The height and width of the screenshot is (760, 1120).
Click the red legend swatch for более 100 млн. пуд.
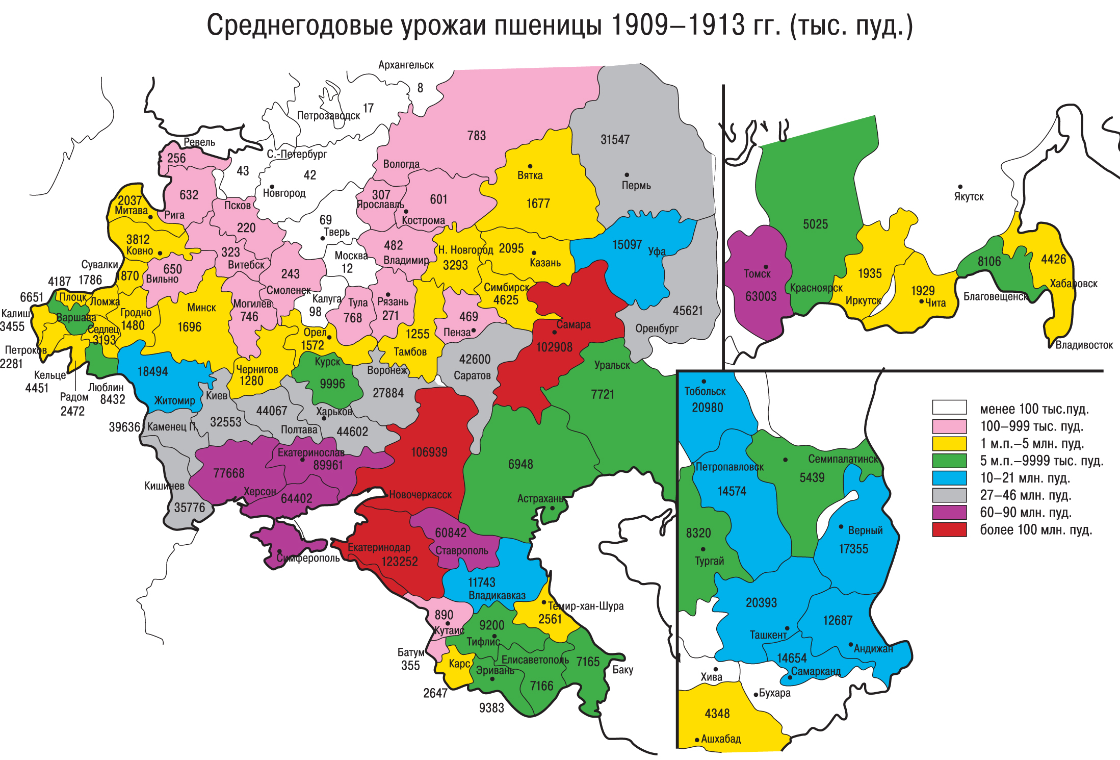949,529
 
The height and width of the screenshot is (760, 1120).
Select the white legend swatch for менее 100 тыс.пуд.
949,407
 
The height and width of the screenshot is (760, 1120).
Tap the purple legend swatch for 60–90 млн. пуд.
949,512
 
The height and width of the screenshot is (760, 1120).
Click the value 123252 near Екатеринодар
400,562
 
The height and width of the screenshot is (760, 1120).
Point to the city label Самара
574,324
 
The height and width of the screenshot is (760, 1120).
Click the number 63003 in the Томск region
761,296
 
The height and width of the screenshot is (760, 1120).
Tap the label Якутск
969,197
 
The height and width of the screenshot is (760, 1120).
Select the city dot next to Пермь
627,175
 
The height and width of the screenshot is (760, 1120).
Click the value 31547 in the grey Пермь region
615,139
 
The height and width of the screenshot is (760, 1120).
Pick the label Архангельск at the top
406,65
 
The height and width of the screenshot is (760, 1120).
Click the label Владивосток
1084,345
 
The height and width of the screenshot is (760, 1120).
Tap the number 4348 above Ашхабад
717,714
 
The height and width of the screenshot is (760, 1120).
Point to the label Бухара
774,693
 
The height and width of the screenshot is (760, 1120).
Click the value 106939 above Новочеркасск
429,452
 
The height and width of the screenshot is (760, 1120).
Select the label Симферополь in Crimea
308,558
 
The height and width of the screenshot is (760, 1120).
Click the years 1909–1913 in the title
678,26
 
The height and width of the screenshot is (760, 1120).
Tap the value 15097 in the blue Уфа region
627,245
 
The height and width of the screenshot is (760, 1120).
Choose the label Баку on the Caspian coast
622,670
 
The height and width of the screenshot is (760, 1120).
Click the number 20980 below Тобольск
707,408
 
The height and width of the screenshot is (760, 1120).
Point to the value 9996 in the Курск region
332,384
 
